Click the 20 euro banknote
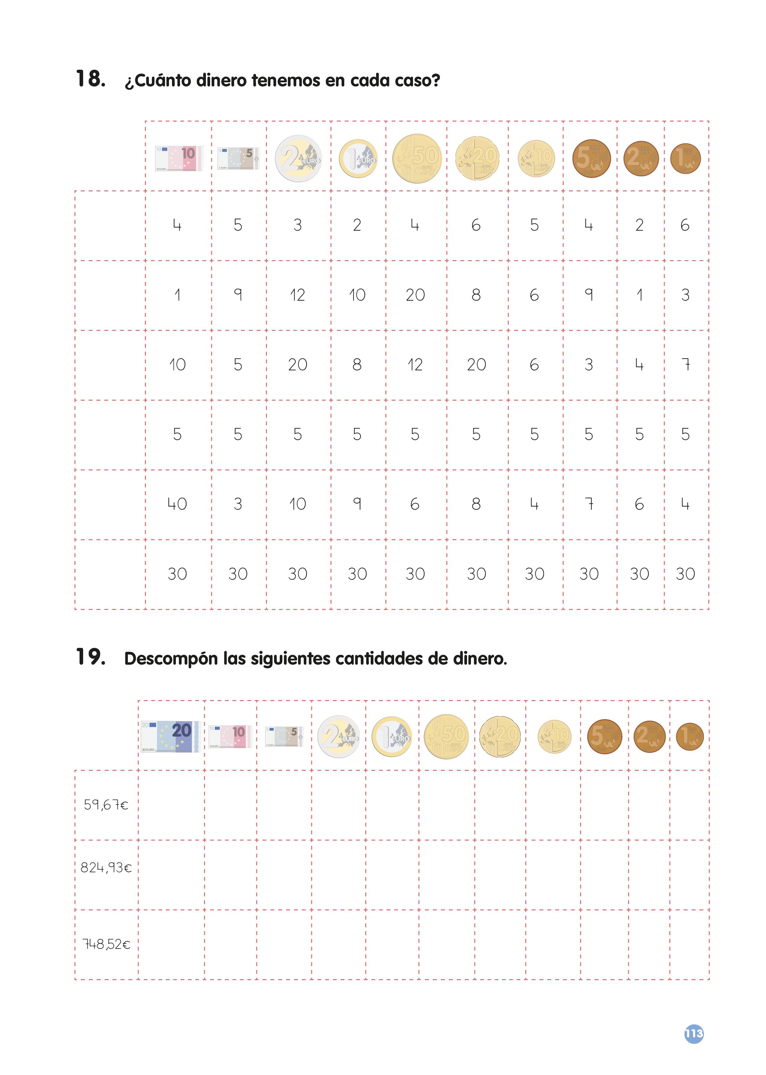point(170,736)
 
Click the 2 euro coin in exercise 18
point(298,159)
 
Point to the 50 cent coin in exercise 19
point(446,736)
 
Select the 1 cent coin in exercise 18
point(685,159)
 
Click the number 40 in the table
point(177,504)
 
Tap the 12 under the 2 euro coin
point(298,295)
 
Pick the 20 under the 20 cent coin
point(476,365)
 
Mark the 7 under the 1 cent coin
point(685,365)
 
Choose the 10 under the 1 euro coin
point(357,295)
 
